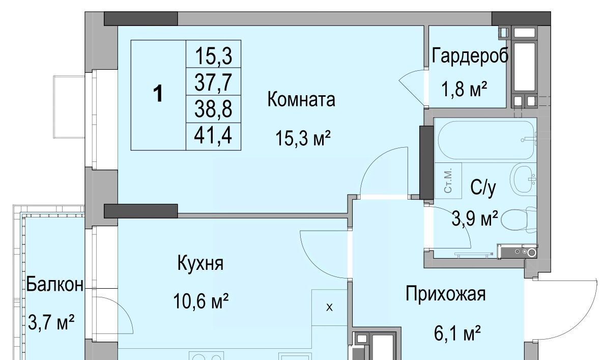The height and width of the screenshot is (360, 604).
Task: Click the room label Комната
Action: tap(301, 99)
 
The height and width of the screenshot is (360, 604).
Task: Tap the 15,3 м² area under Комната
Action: tap(303, 137)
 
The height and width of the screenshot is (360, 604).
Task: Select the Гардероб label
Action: tap(470, 56)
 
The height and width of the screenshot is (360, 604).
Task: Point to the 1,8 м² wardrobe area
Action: tap(465, 89)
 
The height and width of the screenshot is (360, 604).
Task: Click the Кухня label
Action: tap(200, 263)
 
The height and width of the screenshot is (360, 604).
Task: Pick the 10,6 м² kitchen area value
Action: tap(201, 300)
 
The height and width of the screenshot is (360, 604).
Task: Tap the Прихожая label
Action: tap(446, 294)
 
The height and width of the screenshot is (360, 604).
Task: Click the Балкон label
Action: tap(54, 285)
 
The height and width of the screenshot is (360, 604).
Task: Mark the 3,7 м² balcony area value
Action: tap(51, 322)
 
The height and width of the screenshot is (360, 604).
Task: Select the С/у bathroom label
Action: tap(483, 188)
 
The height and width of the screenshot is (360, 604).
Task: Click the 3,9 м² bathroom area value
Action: tap(475, 219)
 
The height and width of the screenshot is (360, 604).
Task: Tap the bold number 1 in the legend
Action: tap(158, 94)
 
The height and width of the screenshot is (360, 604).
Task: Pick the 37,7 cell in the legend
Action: tap(213, 81)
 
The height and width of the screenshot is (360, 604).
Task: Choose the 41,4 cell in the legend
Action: tap(213, 135)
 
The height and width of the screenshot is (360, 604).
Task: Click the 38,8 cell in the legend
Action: tap(213, 108)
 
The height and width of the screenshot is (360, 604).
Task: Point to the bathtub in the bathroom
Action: tap(486, 140)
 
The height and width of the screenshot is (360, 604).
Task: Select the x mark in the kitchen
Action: tap(329, 308)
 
